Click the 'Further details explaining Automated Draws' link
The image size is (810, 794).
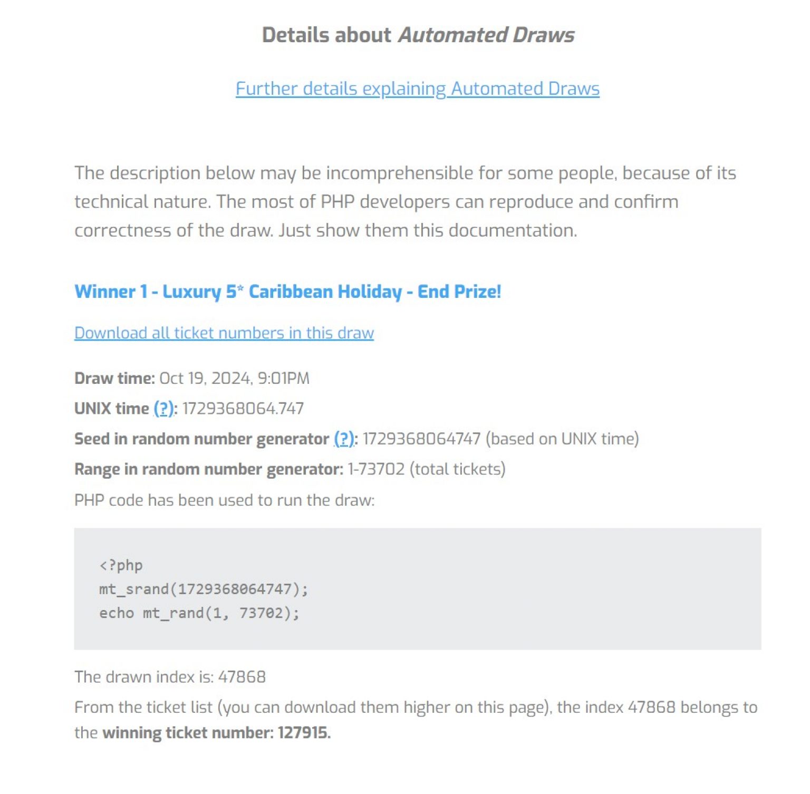click(417, 89)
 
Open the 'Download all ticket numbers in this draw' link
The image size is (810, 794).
click(224, 333)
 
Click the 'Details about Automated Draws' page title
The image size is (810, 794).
click(418, 35)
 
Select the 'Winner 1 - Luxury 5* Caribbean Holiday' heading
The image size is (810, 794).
click(287, 292)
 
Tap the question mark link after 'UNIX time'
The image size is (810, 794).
click(164, 409)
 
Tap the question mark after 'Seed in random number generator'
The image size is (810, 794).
click(344, 439)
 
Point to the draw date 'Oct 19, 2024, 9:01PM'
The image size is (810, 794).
click(234, 379)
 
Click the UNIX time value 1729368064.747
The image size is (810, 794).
click(243, 409)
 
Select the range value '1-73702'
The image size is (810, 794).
click(376, 469)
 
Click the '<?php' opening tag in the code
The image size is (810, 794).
click(121, 566)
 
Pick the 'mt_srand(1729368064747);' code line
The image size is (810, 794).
click(204, 589)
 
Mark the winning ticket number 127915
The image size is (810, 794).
click(303, 733)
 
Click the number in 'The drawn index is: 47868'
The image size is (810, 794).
click(242, 677)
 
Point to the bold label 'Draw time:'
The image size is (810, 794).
click(114, 379)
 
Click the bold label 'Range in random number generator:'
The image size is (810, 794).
click(209, 469)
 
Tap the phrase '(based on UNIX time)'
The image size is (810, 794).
click(562, 439)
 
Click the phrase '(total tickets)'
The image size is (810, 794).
click(458, 469)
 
